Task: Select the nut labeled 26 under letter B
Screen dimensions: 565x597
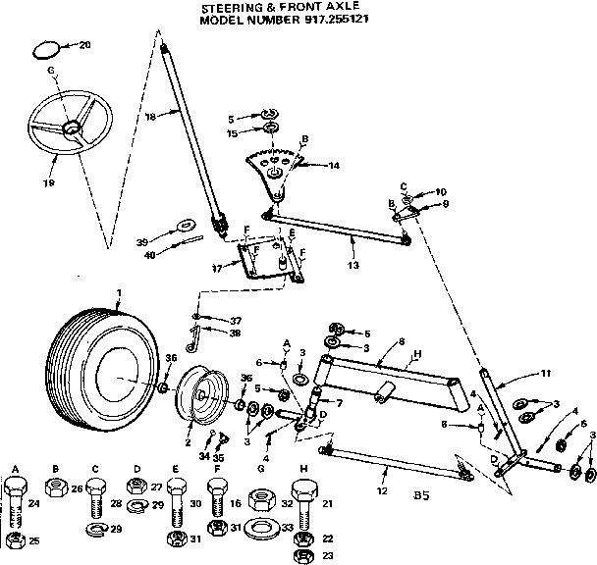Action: pos(57,488)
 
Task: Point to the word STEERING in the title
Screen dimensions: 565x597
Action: pos(230,7)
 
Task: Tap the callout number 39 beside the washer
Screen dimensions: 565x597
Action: pos(142,239)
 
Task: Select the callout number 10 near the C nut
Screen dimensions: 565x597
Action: pos(441,191)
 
